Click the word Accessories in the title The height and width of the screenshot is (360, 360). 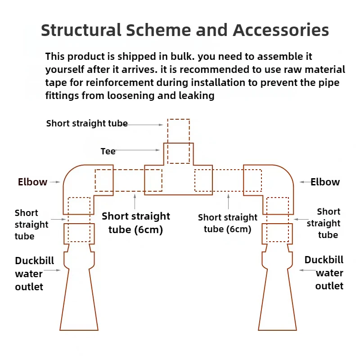(x=281, y=30)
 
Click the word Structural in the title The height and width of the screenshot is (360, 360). (x=81, y=30)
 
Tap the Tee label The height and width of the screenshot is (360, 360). (x=108, y=151)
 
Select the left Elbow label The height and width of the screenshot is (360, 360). (x=32, y=182)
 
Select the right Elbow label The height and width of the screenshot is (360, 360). (x=325, y=182)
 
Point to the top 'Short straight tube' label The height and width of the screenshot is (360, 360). (x=87, y=123)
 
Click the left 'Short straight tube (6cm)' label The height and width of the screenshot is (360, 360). (x=136, y=222)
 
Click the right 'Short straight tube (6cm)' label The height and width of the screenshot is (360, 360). (x=228, y=223)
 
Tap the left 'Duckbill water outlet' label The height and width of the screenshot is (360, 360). (x=29, y=273)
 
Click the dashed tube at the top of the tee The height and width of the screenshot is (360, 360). (x=179, y=130)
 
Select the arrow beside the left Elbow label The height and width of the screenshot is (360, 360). (x=55, y=182)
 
